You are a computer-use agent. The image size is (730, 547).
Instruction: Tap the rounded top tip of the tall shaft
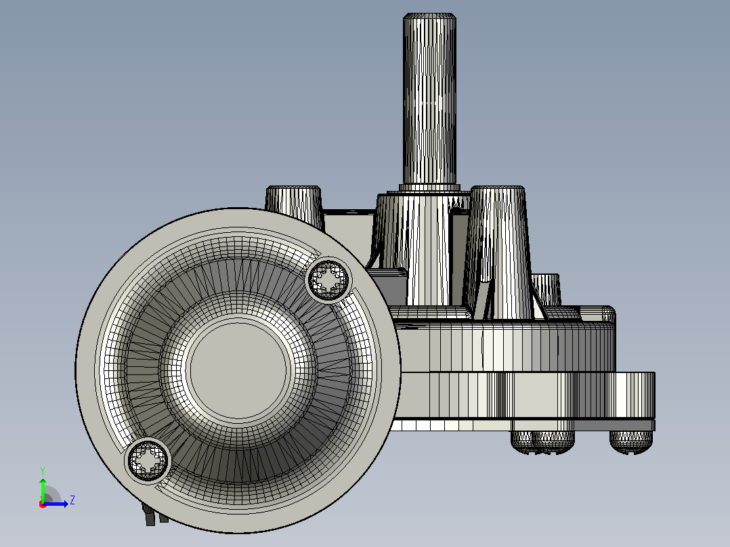[429, 16]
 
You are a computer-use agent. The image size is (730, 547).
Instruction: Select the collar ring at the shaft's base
[429, 188]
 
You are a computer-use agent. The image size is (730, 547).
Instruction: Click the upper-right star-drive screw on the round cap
[328, 280]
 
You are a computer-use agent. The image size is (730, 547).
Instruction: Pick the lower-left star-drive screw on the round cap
[148, 461]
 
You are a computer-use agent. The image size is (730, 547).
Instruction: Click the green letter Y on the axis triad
[43, 471]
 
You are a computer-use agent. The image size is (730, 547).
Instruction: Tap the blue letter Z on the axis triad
[72, 500]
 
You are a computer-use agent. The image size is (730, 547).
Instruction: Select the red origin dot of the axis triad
[43, 504]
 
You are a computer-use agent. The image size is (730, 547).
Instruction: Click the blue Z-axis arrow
[56, 504]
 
